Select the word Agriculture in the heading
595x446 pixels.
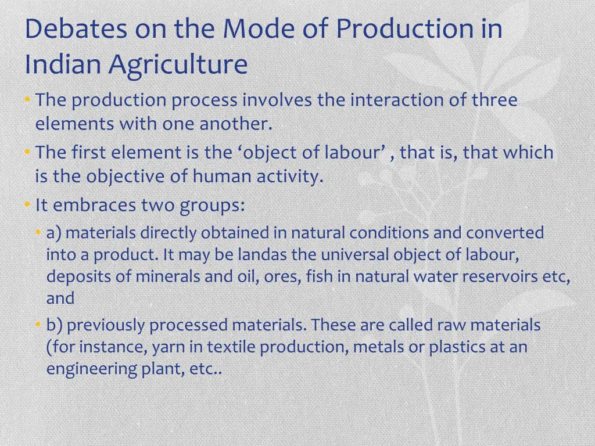(x=178, y=64)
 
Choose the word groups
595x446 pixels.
(x=212, y=206)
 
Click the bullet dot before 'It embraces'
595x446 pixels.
(x=27, y=204)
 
